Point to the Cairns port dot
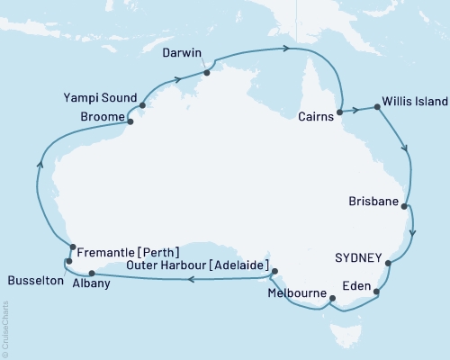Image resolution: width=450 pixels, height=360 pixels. point(339,113)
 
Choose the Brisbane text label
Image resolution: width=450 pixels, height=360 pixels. point(373,204)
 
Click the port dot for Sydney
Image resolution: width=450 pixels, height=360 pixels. point(389,264)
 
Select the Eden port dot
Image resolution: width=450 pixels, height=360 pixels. point(377,292)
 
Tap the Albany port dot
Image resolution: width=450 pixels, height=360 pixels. point(92,274)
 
